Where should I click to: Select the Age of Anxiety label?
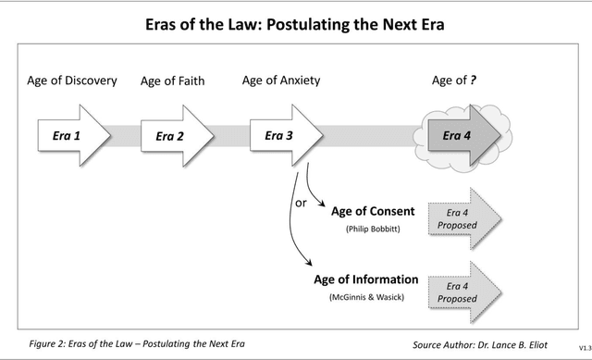point(281,81)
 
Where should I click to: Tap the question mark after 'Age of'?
point(473,81)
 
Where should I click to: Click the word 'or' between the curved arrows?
point(301,203)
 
